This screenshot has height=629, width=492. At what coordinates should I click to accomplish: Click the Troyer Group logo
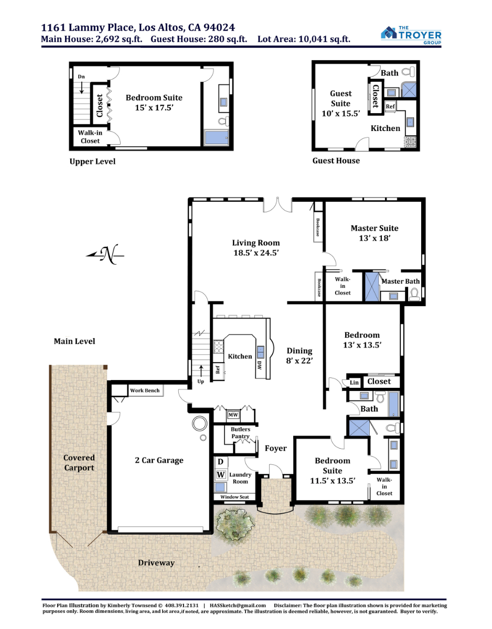click(411, 35)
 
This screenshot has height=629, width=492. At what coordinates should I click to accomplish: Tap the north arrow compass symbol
click(105, 254)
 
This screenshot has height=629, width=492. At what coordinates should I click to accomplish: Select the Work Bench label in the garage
click(145, 390)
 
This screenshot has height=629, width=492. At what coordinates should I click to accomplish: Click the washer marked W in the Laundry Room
click(221, 474)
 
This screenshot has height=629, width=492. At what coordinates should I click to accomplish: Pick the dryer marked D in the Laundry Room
click(221, 462)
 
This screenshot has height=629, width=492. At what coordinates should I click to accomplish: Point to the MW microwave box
click(233, 415)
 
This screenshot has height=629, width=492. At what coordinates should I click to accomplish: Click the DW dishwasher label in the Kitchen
click(259, 365)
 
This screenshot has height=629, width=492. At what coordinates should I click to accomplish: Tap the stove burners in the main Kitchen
click(219, 346)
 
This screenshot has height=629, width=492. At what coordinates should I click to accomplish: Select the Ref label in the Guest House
click(390, 106)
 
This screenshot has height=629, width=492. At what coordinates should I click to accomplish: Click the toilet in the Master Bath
click(414, 294)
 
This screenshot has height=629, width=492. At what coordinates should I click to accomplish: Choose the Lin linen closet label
click(354, 383)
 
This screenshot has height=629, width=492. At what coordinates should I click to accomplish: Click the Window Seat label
click(234, 497)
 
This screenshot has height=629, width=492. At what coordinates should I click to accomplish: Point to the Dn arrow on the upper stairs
click(82, 88)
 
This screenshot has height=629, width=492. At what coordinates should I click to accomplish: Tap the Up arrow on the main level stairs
click(201, 371)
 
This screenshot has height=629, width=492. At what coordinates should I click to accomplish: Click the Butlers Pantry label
click(240, 432)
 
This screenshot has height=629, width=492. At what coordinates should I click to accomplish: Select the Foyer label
click(276, 448)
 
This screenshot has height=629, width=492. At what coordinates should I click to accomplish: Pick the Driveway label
click(156, 563)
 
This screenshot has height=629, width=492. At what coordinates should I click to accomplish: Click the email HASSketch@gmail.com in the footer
click(238, 605)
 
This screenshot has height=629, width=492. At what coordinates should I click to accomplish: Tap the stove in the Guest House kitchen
click(411, 142)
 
